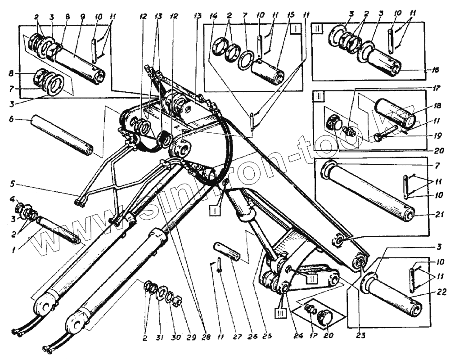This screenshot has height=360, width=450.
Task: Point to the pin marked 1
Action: (58, 229)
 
